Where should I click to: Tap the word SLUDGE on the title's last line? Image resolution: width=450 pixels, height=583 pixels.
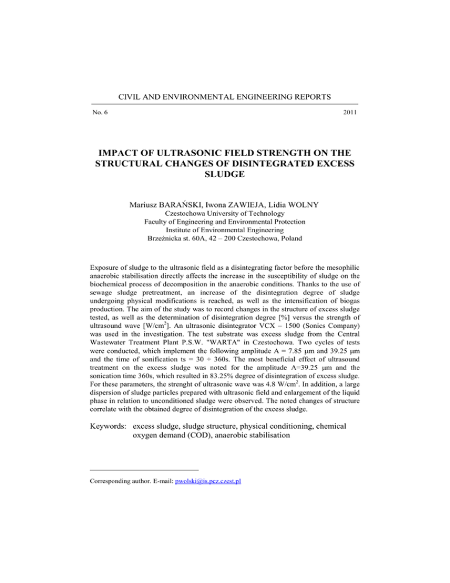pyautogui.click(x=224, y=179)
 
